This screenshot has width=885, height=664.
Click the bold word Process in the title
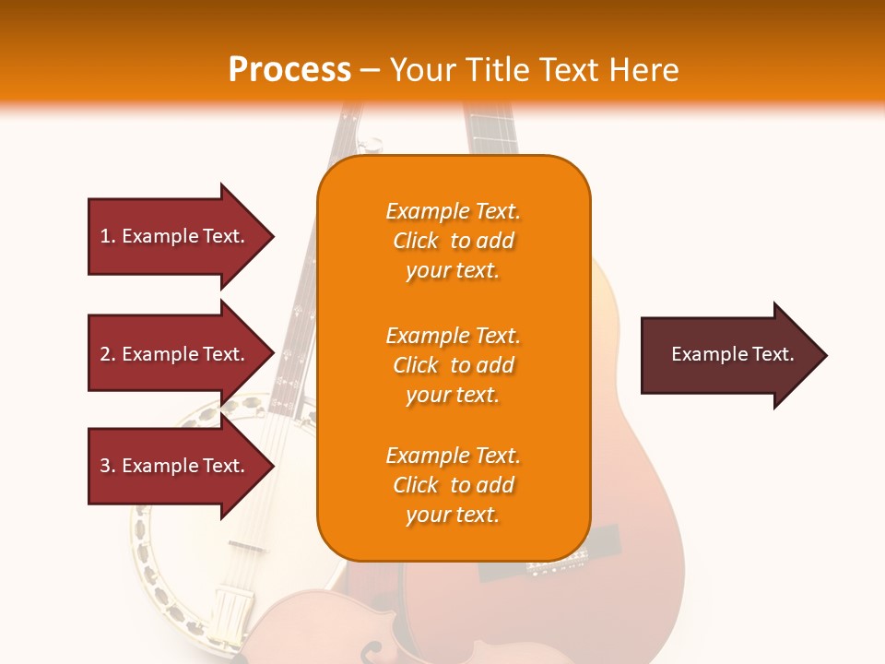289,70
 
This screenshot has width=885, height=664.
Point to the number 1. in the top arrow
107,236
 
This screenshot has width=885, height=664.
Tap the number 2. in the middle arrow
107,354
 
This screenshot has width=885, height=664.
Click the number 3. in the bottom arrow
107,466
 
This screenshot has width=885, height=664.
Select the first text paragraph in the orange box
453,241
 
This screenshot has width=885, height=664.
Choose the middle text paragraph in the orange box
453,365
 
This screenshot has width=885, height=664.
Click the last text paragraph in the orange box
453,485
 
